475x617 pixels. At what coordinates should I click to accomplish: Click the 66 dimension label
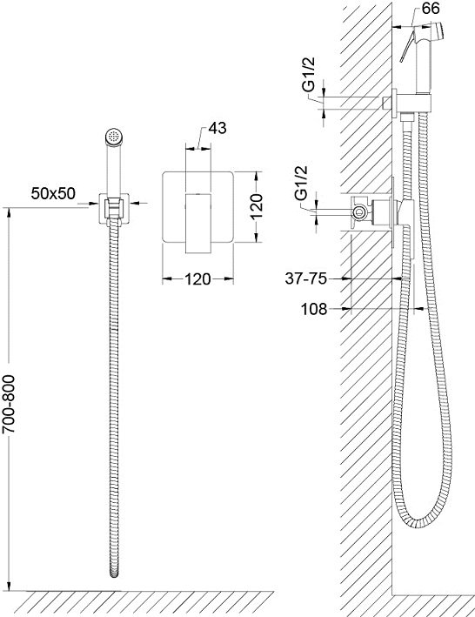pos(431,8)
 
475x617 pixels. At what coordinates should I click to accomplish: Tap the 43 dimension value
pos(217,128)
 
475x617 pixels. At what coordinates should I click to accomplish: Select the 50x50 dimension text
pos(53,193)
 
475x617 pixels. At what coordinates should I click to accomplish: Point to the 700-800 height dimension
pos(9,404)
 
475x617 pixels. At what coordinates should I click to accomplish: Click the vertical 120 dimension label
pos(256,206)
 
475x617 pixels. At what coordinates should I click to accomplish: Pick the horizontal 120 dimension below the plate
pos(197,279)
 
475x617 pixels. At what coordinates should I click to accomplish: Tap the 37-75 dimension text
pos(306,278)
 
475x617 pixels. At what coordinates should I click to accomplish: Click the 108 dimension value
pos(314,309)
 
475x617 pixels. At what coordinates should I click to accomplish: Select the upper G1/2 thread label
pos(309,74)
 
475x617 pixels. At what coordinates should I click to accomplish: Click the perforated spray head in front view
pos(115,137)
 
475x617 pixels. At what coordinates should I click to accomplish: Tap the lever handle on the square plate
pos(198,223)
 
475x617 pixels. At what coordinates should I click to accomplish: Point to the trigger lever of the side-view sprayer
pos(407,46)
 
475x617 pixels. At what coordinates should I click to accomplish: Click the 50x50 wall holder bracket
pos(114,210)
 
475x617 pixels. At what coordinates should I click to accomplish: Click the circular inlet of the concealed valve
pos(358,212)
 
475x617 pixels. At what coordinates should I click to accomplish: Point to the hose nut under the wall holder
pos(407,117)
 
